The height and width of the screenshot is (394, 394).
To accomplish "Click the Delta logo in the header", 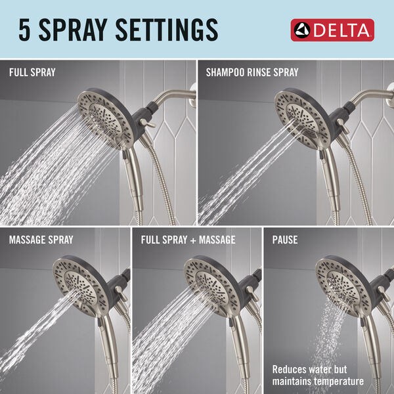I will coord(332,30).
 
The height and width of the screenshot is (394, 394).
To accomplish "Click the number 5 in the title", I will coord(24,30).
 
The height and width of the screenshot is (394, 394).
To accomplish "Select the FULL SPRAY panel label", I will coord(32,72).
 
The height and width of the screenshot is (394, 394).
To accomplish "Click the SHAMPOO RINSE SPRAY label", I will coord(252,72).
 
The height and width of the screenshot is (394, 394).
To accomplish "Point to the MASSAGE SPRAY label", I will coord(41,240).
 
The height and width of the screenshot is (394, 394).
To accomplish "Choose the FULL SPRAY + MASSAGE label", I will coord(188,240).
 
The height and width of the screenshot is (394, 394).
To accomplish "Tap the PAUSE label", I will coord(285,240).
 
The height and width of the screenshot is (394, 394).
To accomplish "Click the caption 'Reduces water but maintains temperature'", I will coord(318,375).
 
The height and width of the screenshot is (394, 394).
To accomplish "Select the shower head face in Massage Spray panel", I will coord(81,284).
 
